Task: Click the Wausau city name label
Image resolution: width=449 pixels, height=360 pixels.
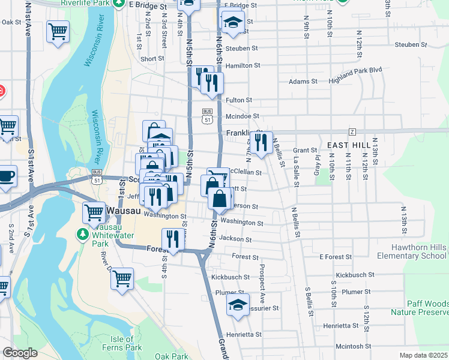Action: tap(125, 211)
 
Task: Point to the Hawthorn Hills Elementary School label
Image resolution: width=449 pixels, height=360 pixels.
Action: tap(411, 251)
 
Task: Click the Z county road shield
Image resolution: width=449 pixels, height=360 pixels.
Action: tap(352, 131)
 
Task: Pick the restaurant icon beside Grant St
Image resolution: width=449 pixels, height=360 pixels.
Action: tap(261, 143)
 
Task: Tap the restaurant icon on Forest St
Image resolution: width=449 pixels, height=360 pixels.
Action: tap(172, 239)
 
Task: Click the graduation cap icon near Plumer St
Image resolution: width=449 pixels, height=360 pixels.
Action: tap(238, 305)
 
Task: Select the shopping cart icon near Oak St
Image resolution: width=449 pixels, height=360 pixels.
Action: tap(58, 32)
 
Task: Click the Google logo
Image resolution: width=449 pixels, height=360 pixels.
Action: tap(20, 353)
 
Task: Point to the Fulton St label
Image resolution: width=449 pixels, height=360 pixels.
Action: tap(239, 100)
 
